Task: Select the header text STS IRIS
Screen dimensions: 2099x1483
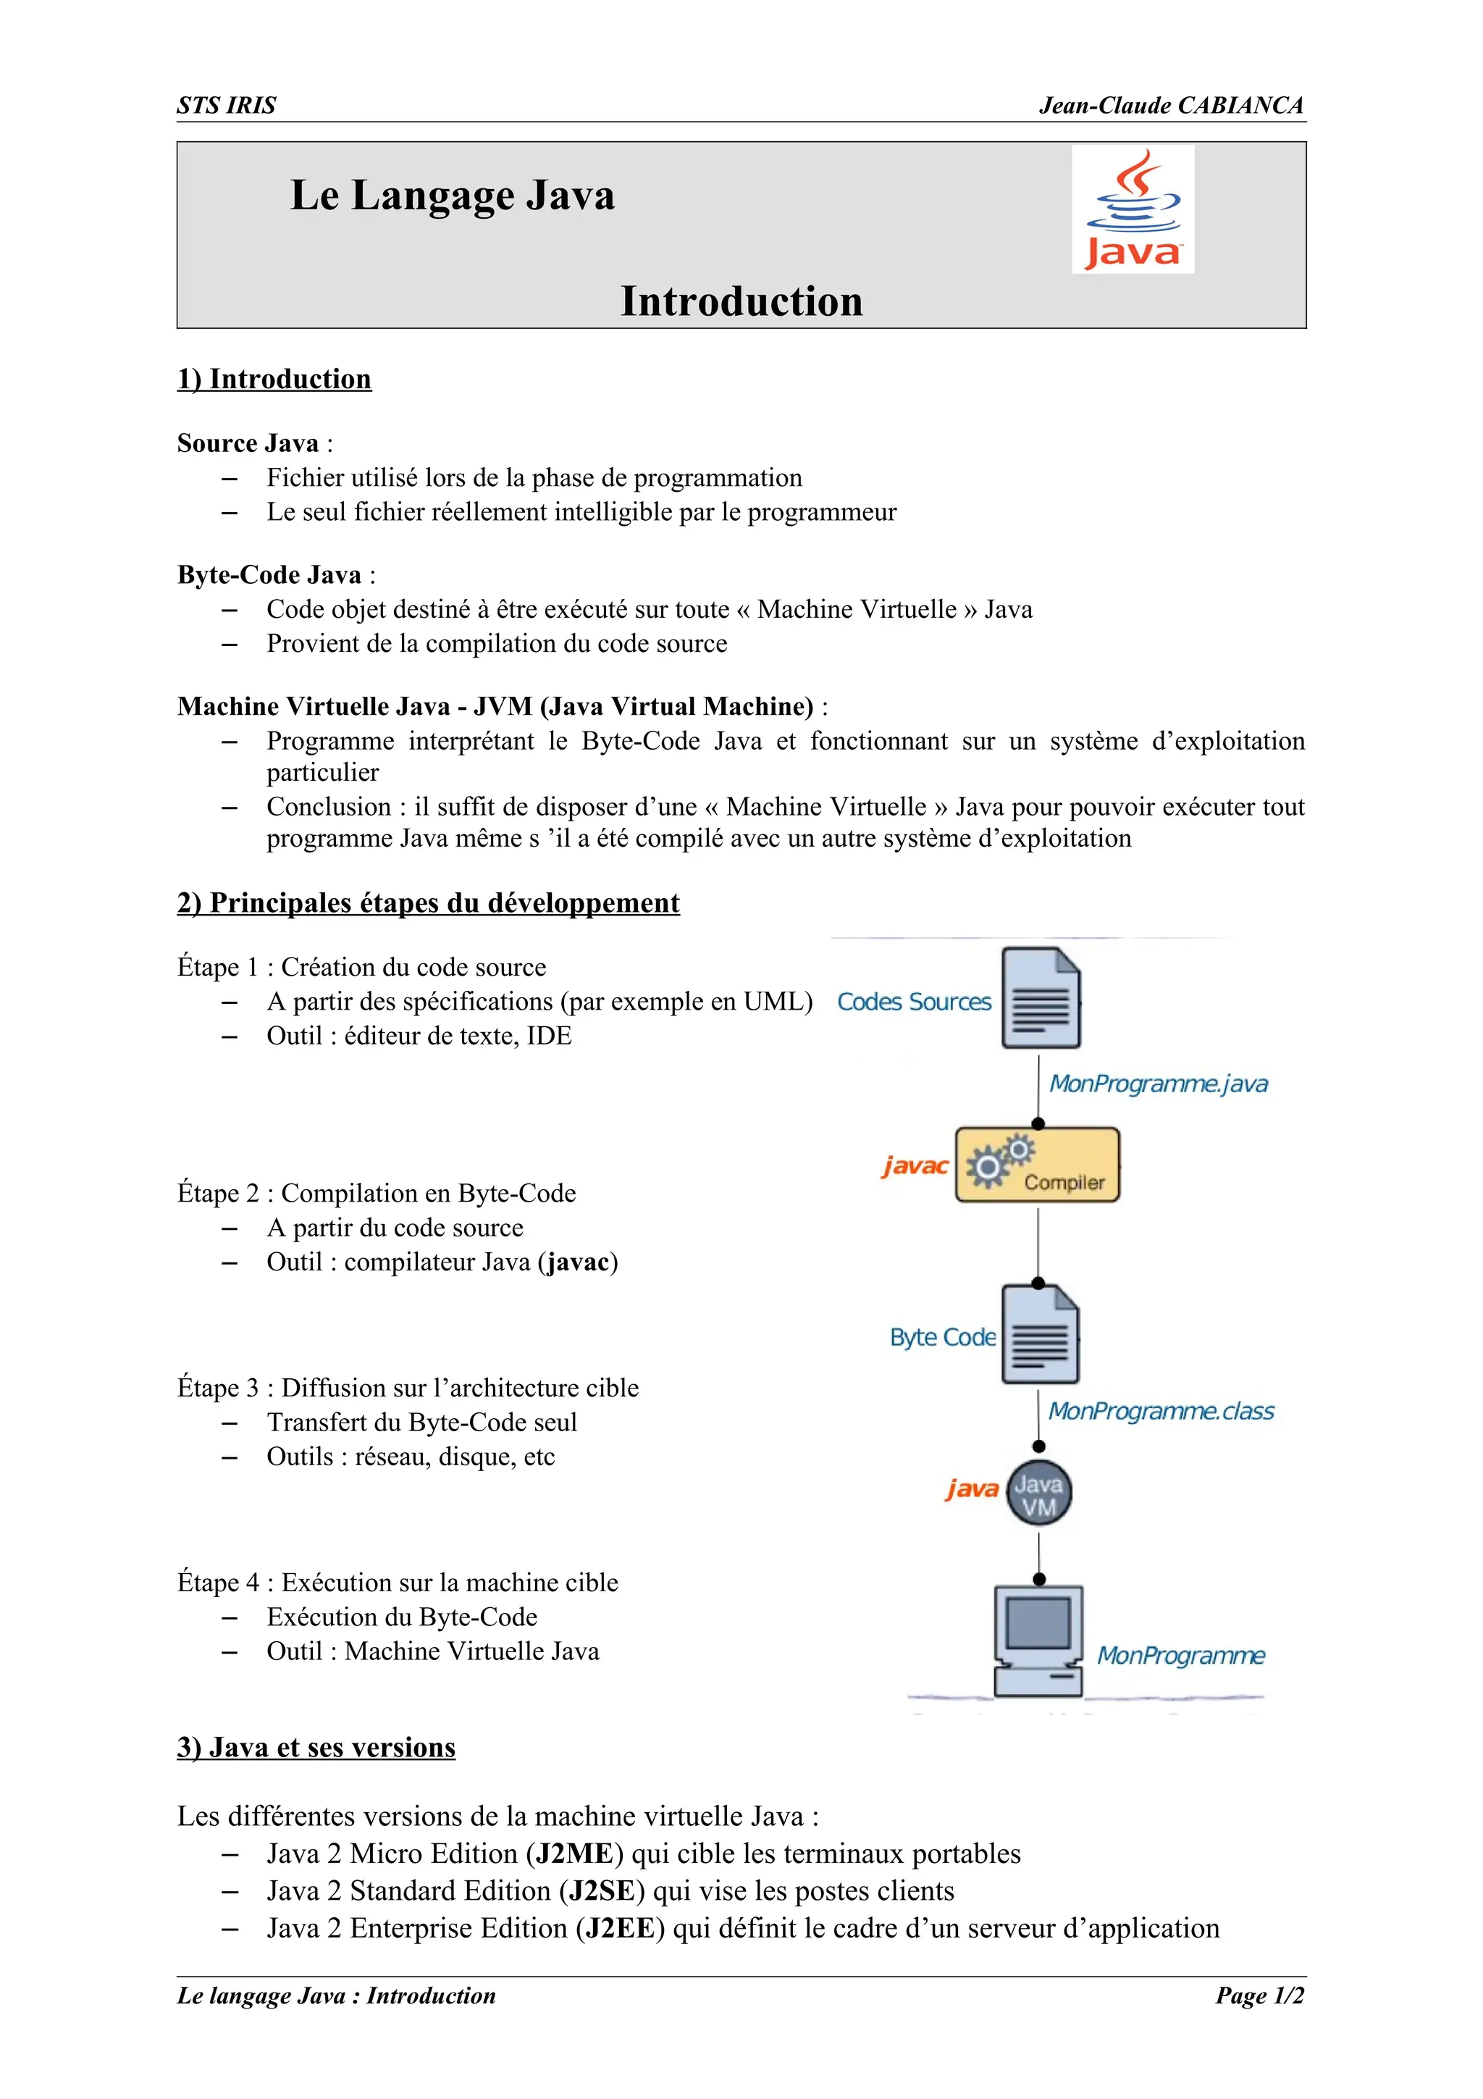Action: pyautogui.click(x=226, y=106)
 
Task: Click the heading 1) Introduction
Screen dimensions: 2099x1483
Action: pyautogui.click(x=274, y=379)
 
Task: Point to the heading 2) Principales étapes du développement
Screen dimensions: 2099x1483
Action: pyautogui.click(x=428, y=902)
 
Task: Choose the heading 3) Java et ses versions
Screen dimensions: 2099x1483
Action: pyautogui.click(x=316, y=1747)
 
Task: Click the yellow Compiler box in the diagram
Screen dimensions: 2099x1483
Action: pyautogui.click(x=1037, y=1165)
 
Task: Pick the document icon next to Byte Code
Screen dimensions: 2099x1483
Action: pyautogui.click(x=1040, y=1336)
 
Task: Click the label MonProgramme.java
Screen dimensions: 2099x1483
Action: pyautogui.click(x=1158, y=1084)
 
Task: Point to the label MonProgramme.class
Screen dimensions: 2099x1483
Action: pyautogui.click(x=1161, y=1412)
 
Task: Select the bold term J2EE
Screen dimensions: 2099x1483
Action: pyautogui.click(x=620, y=1928)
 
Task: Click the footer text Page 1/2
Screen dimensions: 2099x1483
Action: pyautogui.click(x=1259, y=1995)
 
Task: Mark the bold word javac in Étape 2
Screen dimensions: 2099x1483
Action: pyautogui.click(x=577, y=1262)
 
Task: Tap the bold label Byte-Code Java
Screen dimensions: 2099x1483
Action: pyautogui.click(x=269, y=575)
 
